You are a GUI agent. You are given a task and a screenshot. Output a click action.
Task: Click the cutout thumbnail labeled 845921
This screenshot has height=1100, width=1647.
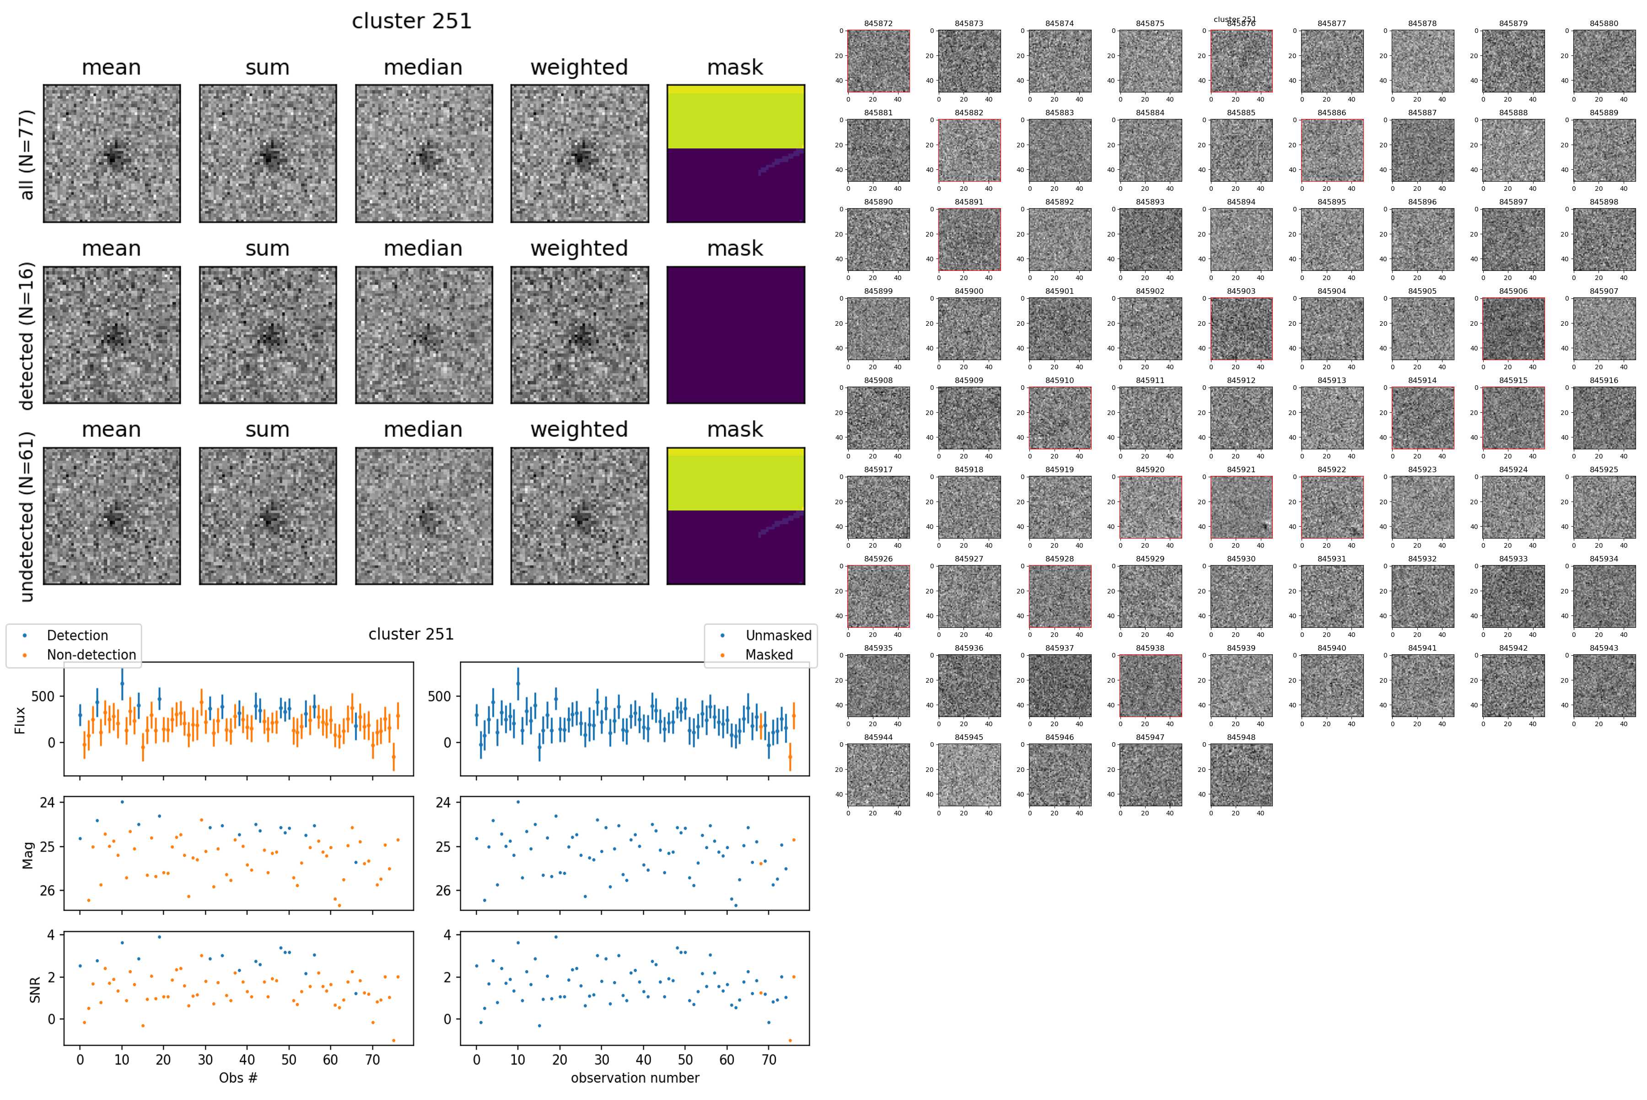(x=1241, y=507)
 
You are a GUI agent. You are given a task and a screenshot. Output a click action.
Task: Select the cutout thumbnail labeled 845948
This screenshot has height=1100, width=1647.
(x=1241, y=775)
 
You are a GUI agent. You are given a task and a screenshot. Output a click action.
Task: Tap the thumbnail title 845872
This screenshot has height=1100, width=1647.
(x=878, y=23)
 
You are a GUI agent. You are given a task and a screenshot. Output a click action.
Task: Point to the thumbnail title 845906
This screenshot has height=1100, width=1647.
(x=1513, y=291)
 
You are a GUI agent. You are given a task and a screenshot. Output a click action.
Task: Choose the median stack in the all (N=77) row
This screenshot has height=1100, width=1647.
(x=424, y=154)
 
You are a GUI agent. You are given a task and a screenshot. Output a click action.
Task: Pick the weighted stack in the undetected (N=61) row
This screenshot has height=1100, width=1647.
(x=579, y=516)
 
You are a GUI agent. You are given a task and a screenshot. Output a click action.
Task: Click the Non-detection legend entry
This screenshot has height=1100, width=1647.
(x=91, y=654)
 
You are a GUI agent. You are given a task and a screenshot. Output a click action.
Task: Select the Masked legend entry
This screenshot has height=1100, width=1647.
(x=769, y=654)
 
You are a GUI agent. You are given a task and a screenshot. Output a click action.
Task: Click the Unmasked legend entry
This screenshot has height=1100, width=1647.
(x=778, y=636)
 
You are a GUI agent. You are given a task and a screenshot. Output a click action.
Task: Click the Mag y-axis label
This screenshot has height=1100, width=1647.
(x=28, y=854)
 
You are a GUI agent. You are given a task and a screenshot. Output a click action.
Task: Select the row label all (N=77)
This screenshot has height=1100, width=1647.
(x=27, y=154)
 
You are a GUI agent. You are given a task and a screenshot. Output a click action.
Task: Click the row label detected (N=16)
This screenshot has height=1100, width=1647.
(x=27, y=335)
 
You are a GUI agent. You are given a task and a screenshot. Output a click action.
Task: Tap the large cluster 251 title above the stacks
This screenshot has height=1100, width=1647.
(x=412, y=21)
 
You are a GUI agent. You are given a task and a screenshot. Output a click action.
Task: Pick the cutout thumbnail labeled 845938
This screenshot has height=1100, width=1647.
(x=1150, y=685)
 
